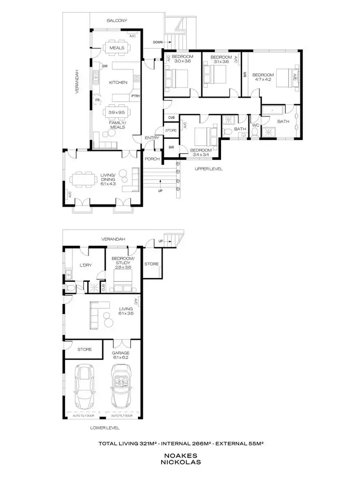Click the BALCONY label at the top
point(117,21)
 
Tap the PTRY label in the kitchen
point(135,96)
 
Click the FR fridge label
point(97,100)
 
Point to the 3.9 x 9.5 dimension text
point(117,112)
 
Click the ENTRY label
point(152,138)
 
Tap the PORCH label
point(152,158)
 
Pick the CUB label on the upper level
point(171,117)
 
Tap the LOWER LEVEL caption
point(104,428)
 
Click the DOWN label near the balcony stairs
point(157,42)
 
